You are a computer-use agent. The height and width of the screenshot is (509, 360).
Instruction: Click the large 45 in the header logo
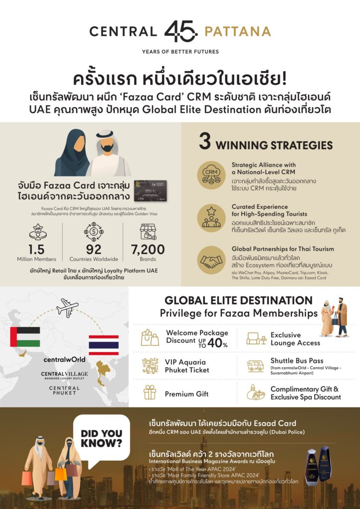click(180, 31)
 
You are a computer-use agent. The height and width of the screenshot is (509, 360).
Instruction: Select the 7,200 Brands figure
click(148, 249)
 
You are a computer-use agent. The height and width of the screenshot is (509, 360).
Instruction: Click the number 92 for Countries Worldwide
click(93, 249)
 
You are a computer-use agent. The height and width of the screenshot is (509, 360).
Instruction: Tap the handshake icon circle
click(211, 260)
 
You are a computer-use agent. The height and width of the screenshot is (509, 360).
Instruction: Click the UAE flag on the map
click(25, 337)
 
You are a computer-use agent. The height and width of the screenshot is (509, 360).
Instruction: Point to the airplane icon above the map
click(68, 308)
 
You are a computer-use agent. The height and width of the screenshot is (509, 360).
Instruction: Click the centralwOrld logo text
click(64, 359)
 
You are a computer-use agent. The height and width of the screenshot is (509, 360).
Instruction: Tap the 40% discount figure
click(217, 342)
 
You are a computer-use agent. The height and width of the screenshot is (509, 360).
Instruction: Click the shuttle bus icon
click(255, 366)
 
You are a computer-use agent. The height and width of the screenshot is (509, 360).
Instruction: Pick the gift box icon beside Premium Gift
click(150, 392)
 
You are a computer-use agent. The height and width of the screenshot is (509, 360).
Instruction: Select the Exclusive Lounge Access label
click(295, 339)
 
